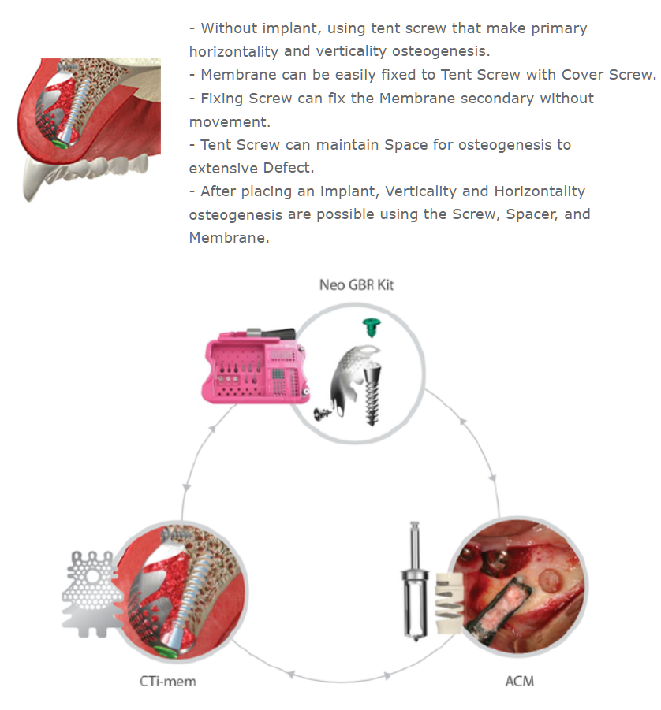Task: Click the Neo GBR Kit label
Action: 357,284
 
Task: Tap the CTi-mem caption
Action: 168,681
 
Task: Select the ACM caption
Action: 520,681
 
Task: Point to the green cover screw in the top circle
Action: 372,327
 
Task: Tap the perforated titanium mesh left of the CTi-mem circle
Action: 91,593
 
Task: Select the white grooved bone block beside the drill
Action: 448,603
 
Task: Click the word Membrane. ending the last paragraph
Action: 229,238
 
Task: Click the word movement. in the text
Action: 230,122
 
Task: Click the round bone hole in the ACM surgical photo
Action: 550,580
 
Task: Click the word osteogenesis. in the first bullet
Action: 441,51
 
